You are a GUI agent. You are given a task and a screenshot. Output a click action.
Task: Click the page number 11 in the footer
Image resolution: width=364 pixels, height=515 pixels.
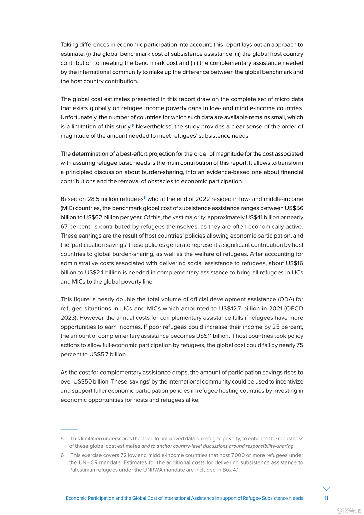click(326, 498)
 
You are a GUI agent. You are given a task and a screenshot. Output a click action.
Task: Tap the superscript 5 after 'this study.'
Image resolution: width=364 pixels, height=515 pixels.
click(133, 125)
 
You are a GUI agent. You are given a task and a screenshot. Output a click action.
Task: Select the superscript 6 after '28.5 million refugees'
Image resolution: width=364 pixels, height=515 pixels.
click(145, 198)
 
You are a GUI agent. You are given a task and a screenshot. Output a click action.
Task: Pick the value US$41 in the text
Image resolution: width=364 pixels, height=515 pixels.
click(254, 217)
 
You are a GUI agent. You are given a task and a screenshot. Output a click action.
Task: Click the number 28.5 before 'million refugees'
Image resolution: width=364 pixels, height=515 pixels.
click(93, 199)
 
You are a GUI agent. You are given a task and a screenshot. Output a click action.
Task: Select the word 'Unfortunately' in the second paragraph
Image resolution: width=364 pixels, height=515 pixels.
click(79, 117)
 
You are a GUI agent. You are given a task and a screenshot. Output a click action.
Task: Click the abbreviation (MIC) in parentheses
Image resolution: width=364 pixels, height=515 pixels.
click(67, 208)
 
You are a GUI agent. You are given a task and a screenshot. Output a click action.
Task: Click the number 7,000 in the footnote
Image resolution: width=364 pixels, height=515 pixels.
click(238, 455)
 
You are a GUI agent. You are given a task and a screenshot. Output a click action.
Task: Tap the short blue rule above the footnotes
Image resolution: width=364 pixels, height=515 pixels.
click(69, 430)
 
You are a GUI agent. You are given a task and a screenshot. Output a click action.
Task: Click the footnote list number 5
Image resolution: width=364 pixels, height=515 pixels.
click(62, 439)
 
